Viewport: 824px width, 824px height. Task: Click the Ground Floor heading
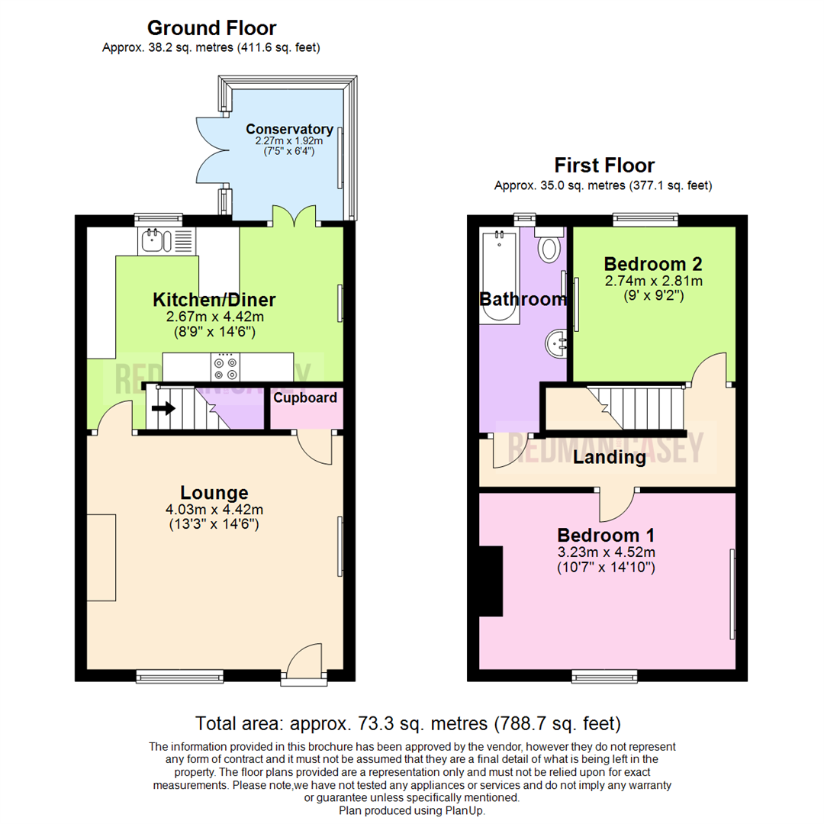click(x=211, y=28)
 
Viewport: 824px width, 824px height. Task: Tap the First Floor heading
click(x=604, y=165)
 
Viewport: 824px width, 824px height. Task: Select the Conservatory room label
click(x=289, y=129)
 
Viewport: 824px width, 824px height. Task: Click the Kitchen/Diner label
click(x=214, y=299)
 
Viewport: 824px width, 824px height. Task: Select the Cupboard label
click(x=305, y=398)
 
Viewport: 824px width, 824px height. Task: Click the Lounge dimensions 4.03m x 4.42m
click(x=214, y=510)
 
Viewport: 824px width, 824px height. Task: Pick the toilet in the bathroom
click(x=549, y=248)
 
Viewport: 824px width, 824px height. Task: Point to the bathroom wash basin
click(x=555, y=344)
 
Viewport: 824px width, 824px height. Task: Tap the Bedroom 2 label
click(x=653, y=264)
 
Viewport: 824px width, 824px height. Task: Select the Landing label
click(x=610, y=458)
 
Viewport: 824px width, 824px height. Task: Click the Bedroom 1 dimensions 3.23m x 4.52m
click(x=605, y=552)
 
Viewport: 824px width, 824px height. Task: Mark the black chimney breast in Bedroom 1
click(x=491, y=581)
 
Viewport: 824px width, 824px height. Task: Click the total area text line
click(x=408, y=723)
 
